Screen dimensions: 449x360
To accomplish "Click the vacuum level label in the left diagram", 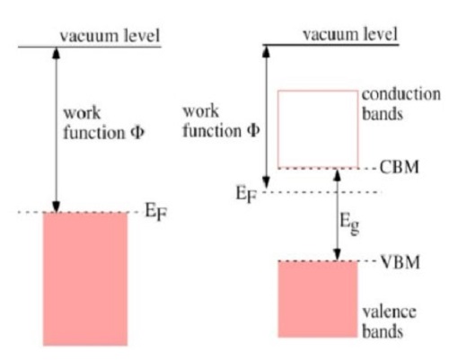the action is click(110, 36).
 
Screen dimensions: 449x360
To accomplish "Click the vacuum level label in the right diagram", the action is click(350, 34).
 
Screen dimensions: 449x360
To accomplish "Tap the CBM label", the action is click(400, 167).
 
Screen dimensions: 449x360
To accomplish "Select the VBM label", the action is click(400, 262).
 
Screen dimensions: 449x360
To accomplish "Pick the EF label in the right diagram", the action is click(247, 194).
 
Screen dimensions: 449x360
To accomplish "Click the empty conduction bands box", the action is click(318, 91).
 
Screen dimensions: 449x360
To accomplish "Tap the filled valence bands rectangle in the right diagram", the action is click(318, 299).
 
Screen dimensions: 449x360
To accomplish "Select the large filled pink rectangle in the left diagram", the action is click(85, 279).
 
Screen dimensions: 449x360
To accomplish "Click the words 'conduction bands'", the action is click(401, 104).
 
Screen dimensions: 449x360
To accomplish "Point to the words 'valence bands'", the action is click(389, 321).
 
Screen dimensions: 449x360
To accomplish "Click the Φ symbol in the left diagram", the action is click(137, 132).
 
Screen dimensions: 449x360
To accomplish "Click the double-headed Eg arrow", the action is click(338, 215).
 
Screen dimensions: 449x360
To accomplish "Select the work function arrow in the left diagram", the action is click(56, 130).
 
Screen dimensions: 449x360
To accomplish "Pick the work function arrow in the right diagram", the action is click(266, 118).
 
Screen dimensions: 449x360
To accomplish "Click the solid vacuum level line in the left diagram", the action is click(90, 47).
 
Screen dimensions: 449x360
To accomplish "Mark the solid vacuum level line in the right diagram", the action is click(330, 45).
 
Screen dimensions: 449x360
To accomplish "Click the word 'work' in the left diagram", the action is click(82, 113).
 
